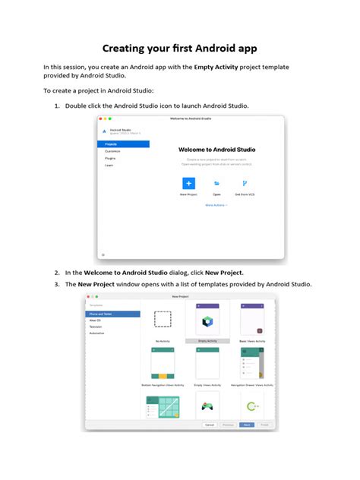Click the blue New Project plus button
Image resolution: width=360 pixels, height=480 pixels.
188,183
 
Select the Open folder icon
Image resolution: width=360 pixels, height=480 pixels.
216,183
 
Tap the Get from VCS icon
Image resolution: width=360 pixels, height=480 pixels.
245,183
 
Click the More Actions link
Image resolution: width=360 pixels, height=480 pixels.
216,205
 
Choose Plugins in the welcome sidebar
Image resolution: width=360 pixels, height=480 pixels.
110,158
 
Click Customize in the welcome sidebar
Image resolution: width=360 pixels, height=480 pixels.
112,151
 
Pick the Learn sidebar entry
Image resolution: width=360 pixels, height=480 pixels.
109,165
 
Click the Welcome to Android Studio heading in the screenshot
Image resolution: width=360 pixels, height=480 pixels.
216,150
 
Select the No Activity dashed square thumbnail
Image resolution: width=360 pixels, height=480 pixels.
163,320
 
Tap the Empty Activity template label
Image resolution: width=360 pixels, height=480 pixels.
207,341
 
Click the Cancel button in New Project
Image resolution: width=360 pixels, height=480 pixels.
209,425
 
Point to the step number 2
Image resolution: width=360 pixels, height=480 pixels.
56,271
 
